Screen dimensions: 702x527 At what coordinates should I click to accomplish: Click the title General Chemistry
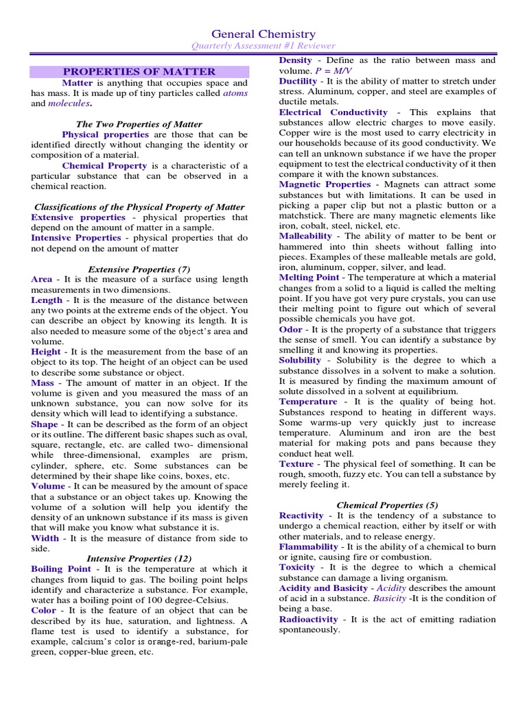tap(263, 34)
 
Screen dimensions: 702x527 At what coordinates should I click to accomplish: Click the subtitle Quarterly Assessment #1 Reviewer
tap(263, 46)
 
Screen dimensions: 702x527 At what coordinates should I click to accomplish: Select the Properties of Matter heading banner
tap(139, 71)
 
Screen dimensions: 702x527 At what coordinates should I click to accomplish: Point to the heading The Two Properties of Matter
tap(139, 124)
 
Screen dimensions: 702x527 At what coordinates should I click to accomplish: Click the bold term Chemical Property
tap(104, 165)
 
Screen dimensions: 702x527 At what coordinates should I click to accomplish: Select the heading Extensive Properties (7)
tap(139, 269)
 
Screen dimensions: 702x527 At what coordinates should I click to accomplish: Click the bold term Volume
tap(48, 486)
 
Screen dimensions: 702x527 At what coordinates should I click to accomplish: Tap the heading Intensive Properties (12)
tap(139, 559)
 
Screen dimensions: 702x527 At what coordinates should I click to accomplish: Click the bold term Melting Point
tap(309, 277)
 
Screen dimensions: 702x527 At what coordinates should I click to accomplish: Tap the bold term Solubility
tap(300, 360)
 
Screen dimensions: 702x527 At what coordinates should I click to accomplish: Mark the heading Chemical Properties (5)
tap(387, 505)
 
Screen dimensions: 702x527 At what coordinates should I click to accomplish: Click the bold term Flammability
tap(308, 546)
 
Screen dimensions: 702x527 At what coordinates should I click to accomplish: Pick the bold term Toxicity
tap(297, 567)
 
